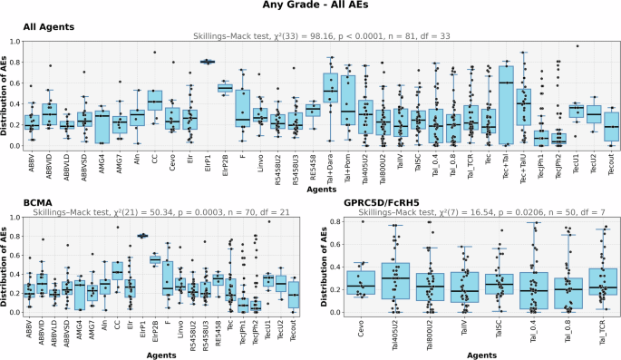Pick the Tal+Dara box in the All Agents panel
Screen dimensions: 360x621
tap(331, 90)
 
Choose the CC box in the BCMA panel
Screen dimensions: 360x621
tap(118, 271)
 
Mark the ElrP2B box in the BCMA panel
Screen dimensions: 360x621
tap(155, 259)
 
